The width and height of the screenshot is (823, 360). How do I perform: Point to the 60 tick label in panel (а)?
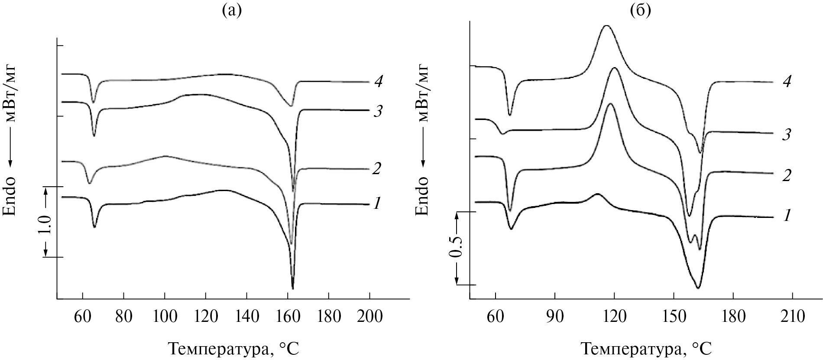coord(82,317)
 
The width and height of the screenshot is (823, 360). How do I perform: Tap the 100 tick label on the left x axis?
coord(165,317)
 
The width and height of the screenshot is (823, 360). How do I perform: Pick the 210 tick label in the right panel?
coord(792,317)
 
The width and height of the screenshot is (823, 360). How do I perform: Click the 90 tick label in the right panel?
coord(554,317)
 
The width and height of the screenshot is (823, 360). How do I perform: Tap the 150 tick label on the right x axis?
coord(674,317)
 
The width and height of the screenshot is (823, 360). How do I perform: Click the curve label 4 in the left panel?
coord(378,81)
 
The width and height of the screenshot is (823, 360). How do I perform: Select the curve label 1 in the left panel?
coord(377,203)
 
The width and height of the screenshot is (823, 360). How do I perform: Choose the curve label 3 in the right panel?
coord(787,135)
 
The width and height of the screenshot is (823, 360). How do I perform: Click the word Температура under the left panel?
coord(215,349)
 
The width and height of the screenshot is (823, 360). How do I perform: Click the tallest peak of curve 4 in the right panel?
coord(606,26)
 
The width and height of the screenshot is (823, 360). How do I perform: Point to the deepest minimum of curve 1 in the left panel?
coord(293,288)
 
